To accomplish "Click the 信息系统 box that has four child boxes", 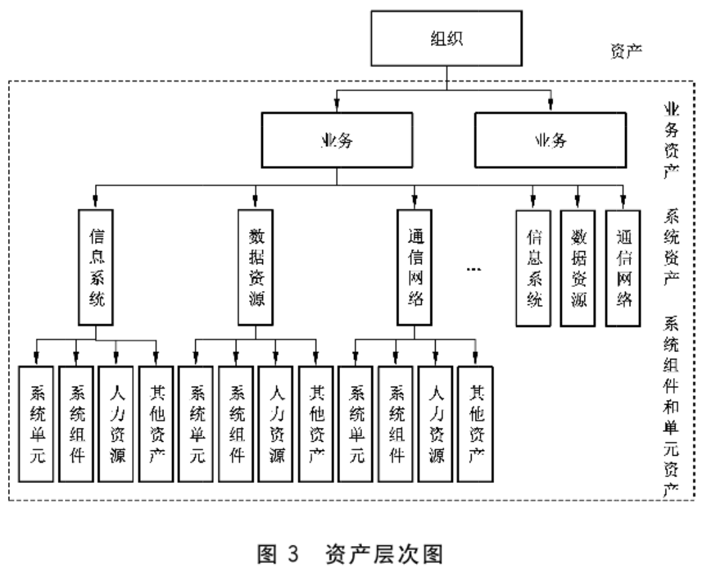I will (96, 268).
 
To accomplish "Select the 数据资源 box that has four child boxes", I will (256, 268).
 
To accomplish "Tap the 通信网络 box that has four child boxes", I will (415, 268).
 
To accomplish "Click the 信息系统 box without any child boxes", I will (533, 268).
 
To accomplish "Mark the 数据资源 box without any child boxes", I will (578, 268).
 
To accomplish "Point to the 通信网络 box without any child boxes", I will (623, 268).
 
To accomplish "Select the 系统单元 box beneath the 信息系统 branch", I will (37, 423).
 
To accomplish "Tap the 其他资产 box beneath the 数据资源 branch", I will (316, 423).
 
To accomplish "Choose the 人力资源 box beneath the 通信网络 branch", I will (436, 423).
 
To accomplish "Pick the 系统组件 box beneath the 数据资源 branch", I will (236, 423).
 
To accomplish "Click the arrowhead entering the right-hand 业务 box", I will (551, 105).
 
